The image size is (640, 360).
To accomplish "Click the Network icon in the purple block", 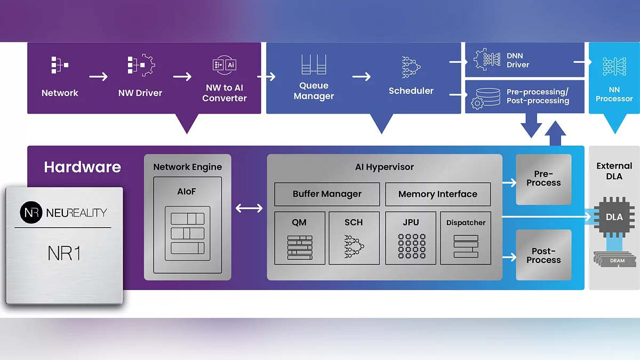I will click(x=59, y=66).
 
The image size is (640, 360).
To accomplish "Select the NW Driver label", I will click(x=141, y=93).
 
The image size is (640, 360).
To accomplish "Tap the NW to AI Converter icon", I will click(x=225, y=65).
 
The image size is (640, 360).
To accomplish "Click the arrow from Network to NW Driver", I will click(x=98, y=77).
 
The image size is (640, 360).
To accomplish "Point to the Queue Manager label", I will click(x=314, y=91).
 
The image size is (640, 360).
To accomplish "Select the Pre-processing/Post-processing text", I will click(x=538, y=97).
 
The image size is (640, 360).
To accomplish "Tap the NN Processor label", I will click(x=614, y=94).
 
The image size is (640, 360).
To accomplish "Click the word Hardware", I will click(x=83, y=167).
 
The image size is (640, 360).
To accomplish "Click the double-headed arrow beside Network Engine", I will click(x=249, y=207).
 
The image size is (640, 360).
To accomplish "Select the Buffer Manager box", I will click(x=327, y=194).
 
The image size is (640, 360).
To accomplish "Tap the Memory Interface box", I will click(x=437, y=194).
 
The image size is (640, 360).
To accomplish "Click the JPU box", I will click(x=411, y=238).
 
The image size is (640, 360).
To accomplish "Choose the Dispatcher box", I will click(x=466, y=238).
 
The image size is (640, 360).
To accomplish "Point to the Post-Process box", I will click(x=543, y=255).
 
